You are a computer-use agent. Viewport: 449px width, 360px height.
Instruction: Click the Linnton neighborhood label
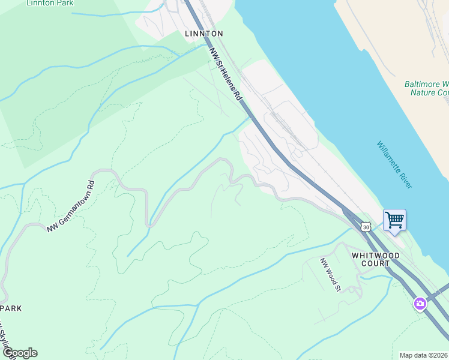tap(204, 34)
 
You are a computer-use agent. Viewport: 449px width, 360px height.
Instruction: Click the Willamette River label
tap(394, 165)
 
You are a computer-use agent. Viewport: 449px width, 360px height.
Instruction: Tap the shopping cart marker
tap(394, 220)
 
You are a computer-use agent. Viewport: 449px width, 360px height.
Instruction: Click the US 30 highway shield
tap(366, 227)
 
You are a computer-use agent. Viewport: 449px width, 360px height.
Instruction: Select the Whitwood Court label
tap(376, 259)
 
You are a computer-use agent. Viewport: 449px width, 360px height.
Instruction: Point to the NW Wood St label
tap(330, 275)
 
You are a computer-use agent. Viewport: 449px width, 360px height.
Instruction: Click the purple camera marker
tap(420, 304)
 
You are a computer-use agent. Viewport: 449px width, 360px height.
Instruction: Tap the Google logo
tap(20, 353)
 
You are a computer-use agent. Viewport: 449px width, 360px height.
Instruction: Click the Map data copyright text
tap(424, 355)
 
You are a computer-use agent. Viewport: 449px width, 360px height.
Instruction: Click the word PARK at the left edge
tap(11, 308)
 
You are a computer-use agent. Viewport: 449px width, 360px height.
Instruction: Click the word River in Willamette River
tap(404, 179)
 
